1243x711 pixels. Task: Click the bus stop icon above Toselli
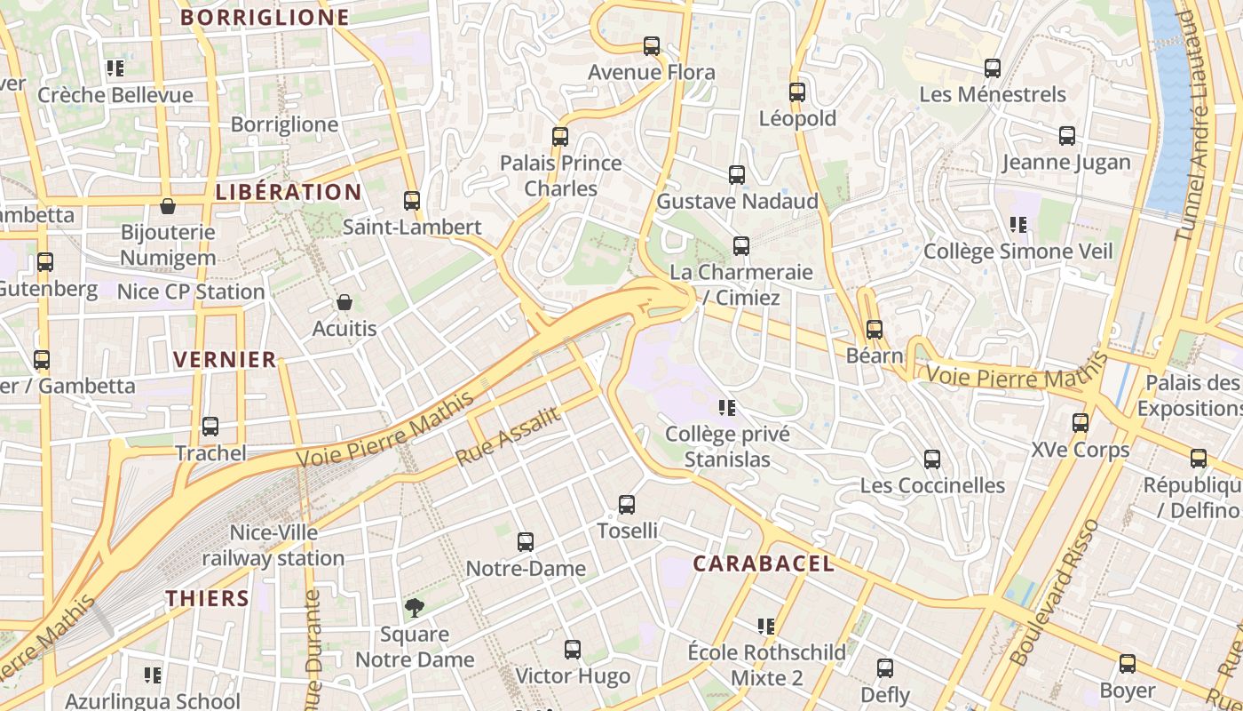627,505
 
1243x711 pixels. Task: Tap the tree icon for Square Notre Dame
414,608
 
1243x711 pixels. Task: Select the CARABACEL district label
764,563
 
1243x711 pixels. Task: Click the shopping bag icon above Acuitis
344,303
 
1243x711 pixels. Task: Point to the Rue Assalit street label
509,436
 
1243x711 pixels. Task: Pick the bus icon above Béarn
875,330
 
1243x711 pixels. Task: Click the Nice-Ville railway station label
273,546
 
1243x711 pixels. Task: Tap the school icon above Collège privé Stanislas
727,408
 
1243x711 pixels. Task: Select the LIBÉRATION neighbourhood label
289,192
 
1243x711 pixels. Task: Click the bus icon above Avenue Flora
652,46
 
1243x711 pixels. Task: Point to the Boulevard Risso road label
1054,592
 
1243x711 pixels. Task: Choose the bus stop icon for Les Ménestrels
993,68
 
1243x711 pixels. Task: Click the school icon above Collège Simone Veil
1018,225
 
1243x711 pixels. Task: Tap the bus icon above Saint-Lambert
412,201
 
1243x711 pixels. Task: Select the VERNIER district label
225,360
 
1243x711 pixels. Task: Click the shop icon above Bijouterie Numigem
168,207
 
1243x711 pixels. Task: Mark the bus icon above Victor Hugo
573,650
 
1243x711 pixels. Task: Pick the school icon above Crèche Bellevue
115,68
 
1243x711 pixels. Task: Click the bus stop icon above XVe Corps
1081,423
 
